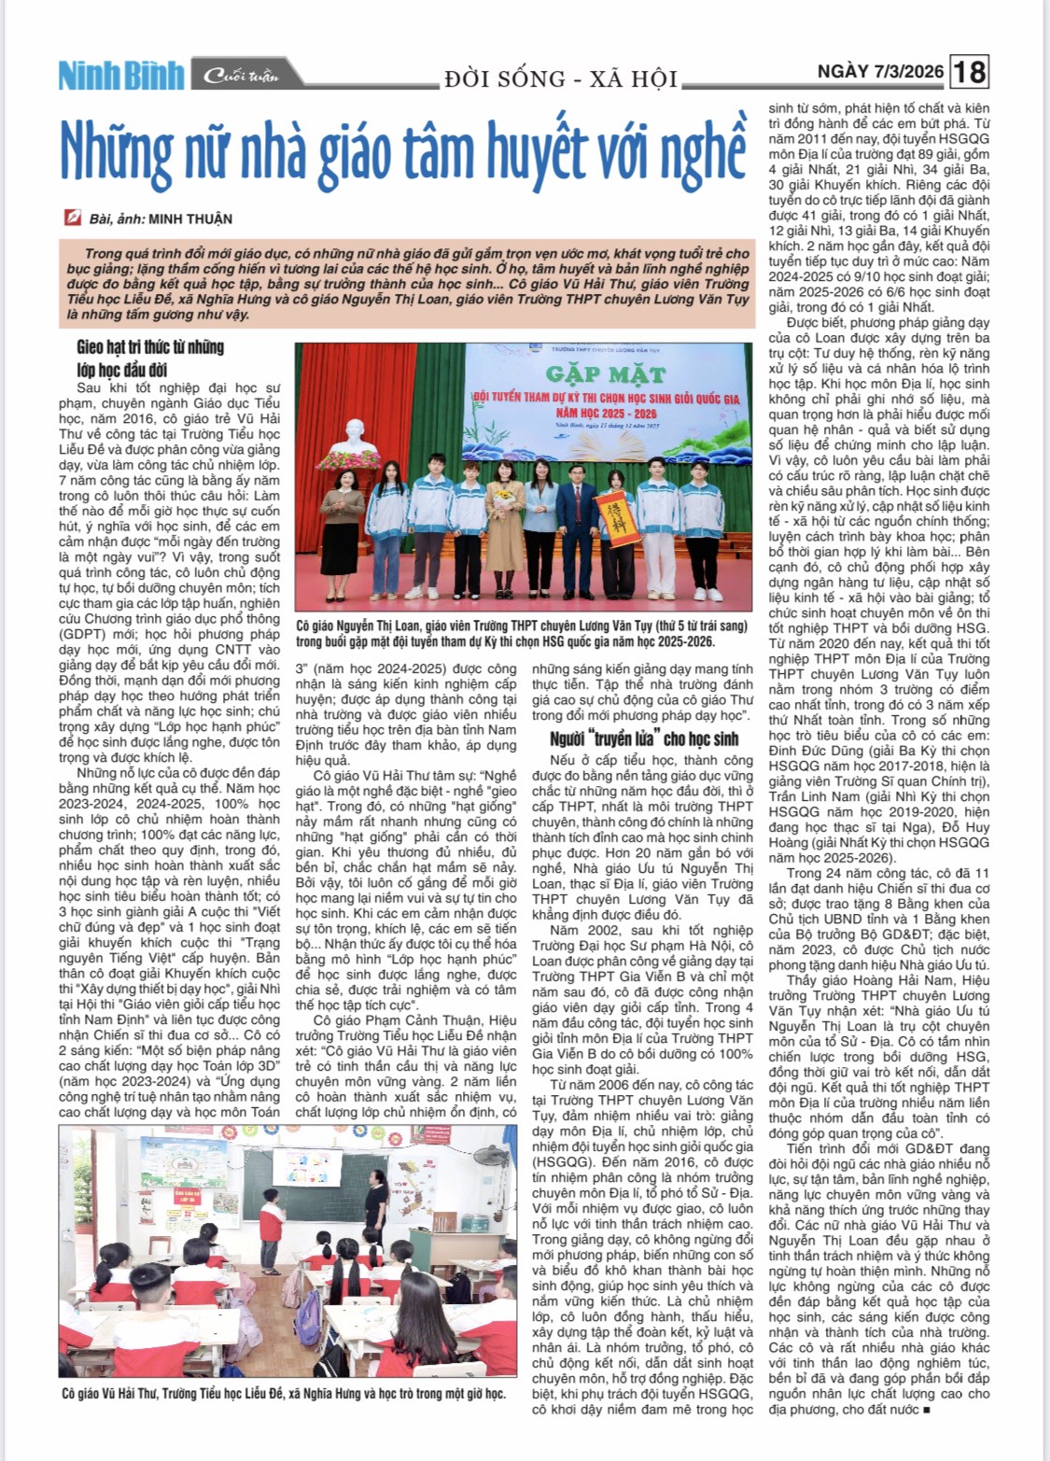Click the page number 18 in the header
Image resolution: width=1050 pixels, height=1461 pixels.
point(970,72)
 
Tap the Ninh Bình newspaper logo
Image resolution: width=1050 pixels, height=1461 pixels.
point(120,76)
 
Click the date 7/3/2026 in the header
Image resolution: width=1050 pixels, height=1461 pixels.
point(910,72)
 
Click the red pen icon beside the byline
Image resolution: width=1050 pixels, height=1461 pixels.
point(72,218)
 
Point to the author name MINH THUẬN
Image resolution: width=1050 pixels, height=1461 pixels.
point(190,218)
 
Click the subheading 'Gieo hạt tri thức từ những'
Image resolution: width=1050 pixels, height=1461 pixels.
point(150,347)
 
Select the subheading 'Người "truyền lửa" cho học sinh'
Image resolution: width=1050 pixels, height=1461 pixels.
point(644,738)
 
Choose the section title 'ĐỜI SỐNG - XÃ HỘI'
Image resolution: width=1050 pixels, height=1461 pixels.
point(561,78)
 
